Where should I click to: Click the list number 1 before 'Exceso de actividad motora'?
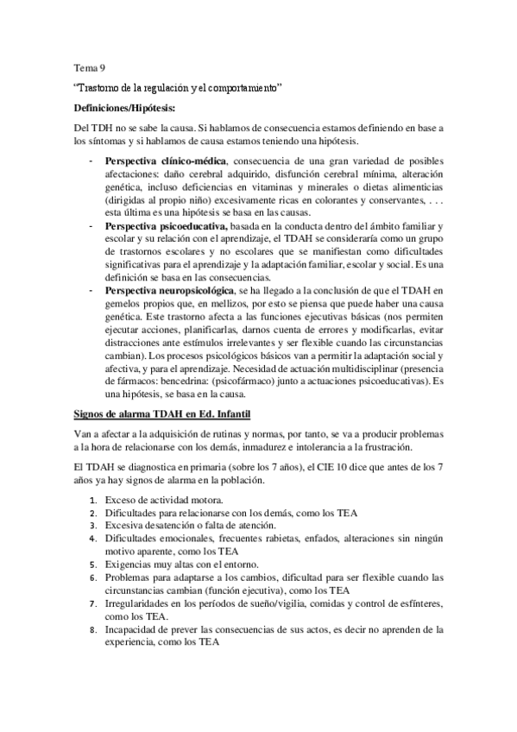pos(94,500)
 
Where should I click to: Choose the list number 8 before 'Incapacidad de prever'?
pos(94,629)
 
